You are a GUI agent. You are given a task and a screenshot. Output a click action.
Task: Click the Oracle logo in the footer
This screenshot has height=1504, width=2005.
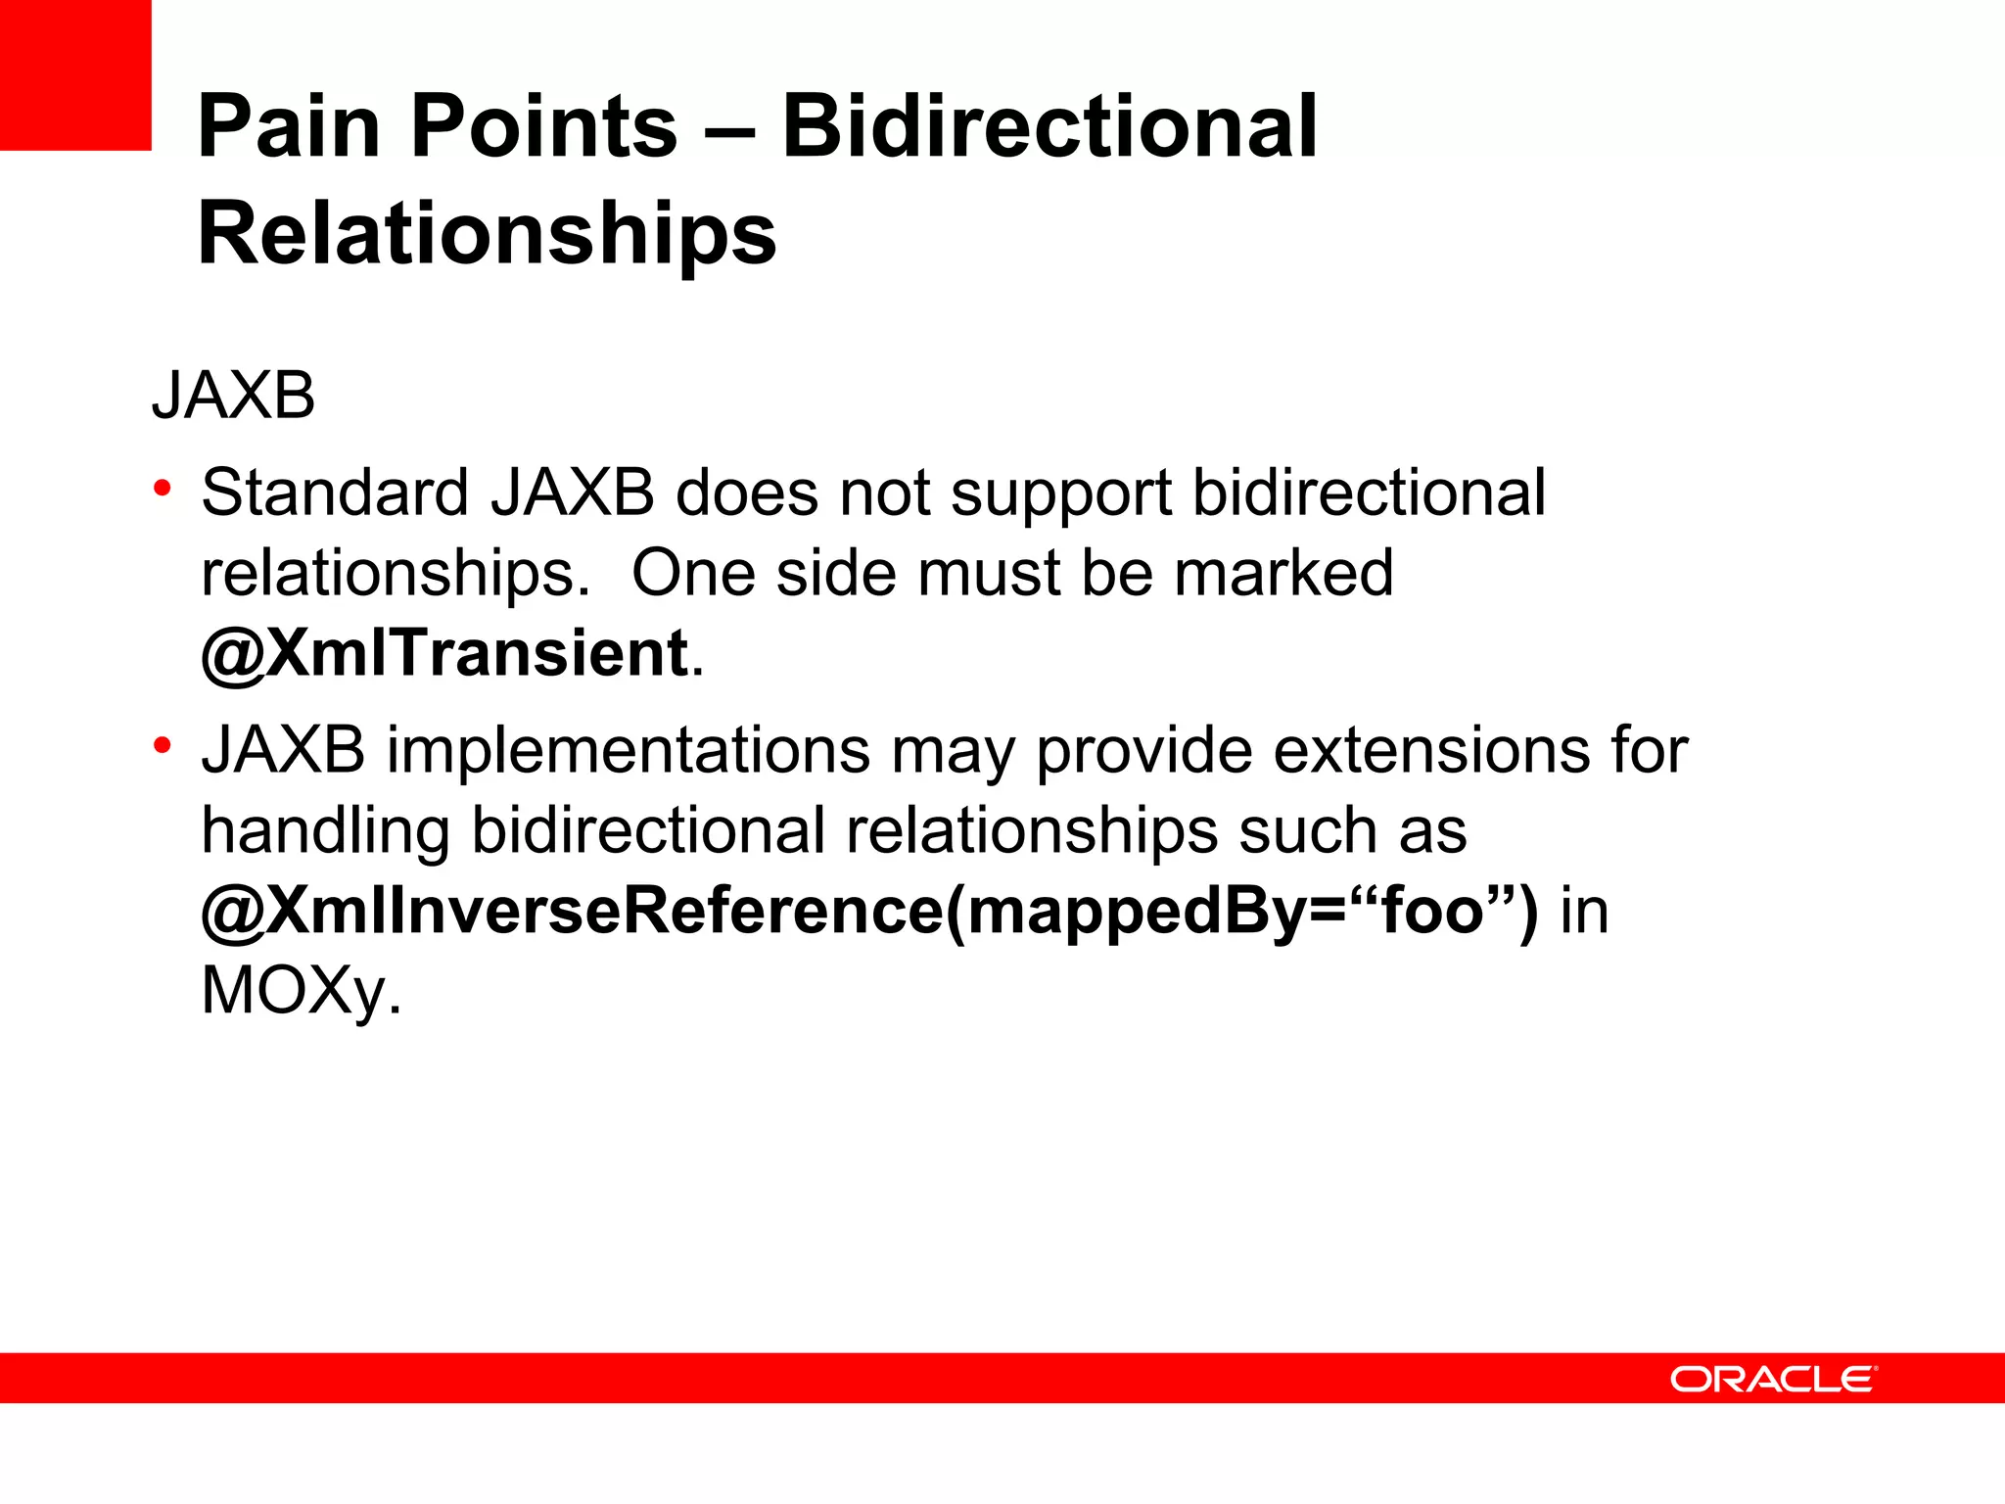pos(1773,1379)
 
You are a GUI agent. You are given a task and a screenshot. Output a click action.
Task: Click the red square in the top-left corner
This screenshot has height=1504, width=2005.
pos(75,74)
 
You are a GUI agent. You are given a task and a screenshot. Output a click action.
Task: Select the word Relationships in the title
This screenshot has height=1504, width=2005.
pos(487,233)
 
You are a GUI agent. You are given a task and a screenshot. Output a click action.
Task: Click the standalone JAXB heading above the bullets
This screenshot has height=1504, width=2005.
pos(233,396)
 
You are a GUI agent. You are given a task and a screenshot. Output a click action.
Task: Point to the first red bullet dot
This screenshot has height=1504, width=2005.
pos(163,487)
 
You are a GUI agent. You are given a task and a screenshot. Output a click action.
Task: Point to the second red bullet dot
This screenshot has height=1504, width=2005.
pos(163,745)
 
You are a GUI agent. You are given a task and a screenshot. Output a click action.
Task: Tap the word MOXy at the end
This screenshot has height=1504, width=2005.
pos(294,991)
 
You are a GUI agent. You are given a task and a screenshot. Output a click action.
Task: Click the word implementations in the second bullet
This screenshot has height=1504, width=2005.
pos(628,751)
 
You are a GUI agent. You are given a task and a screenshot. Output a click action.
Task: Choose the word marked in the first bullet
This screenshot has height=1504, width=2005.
pos(1282,573)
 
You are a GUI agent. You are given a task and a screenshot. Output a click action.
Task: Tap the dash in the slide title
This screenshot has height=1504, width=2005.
pos(729,127)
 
